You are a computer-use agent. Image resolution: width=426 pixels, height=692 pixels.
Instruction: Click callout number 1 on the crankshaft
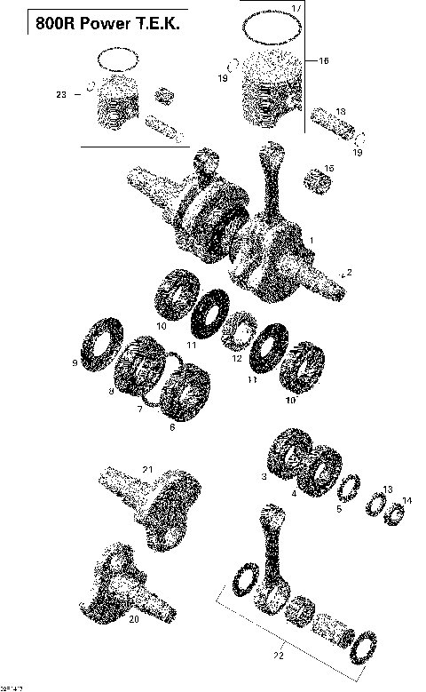[x=310, y=241]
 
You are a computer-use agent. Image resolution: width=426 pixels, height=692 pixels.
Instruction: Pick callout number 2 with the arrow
[x=349, y=272]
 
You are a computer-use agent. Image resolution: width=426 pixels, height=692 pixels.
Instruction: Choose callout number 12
[x=236, y=358]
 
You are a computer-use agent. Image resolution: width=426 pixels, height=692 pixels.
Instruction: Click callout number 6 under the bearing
[x=172, y=427]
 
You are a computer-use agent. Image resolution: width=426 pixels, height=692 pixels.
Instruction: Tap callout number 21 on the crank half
[x=148, y=469]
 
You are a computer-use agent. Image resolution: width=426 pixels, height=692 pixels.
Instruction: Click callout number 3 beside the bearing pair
[x=264, y=477]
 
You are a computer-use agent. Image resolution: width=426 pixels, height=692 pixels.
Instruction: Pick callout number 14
[x=407, y=501]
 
